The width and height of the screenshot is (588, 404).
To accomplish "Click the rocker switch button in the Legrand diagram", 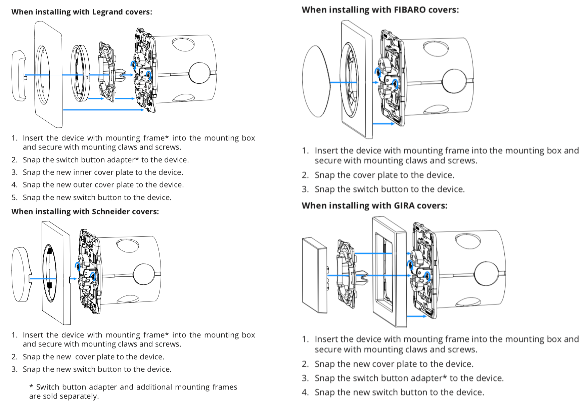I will [18, 76].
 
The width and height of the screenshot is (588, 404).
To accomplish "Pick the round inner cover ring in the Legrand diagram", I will [80, 73].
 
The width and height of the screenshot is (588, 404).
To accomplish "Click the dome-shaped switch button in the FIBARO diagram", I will [316, 81].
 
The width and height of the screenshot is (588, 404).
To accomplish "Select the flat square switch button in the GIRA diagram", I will [314, 275].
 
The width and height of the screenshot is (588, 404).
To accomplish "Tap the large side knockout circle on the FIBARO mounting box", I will [454, 81].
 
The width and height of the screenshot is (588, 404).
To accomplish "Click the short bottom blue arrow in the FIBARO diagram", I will [383, 124].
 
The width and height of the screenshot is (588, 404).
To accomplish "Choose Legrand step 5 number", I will [14, 198].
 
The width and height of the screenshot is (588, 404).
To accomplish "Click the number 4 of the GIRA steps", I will [305, 392].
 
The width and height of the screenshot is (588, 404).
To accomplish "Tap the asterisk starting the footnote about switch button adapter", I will [31, 387].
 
